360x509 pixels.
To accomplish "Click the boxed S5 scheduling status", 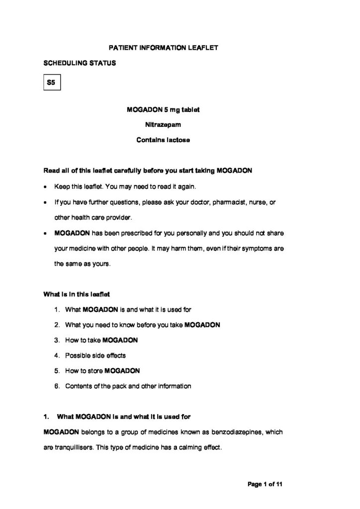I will point(51,84).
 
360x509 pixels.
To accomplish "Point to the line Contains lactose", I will point(163,140).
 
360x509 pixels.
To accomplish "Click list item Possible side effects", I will point(95,355).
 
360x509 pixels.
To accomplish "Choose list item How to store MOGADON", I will point(102,370).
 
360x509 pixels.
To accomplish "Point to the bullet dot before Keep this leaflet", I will point(46,187).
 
